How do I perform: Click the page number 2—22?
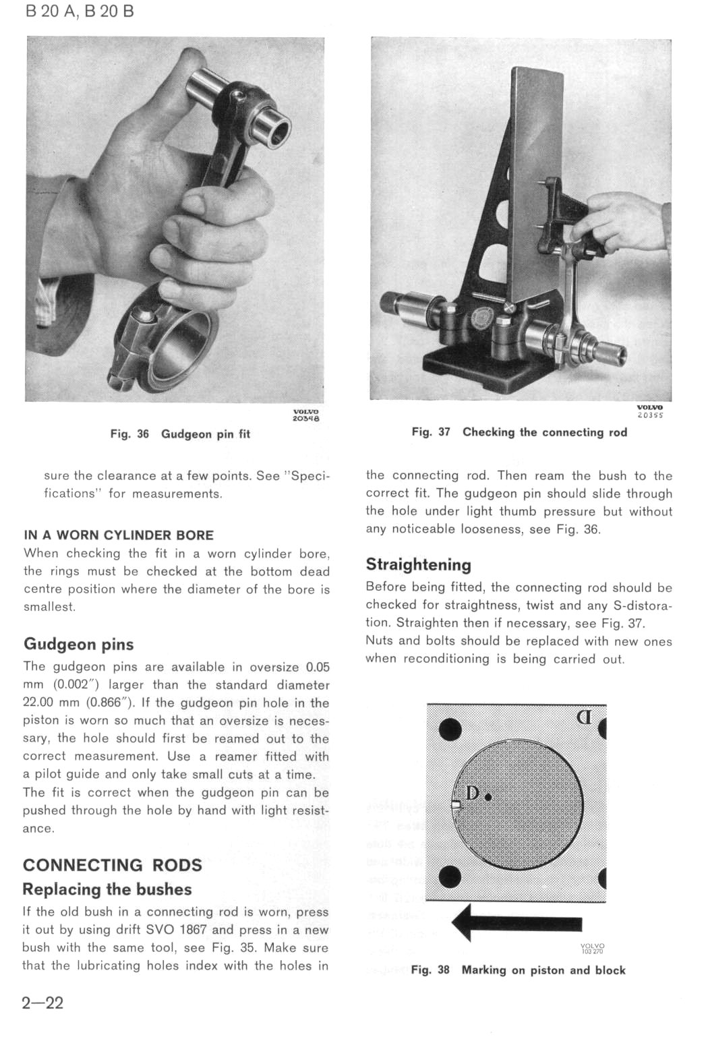click(42, 1003)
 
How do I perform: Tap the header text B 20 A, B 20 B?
click(80, 11)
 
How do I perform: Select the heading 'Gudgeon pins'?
click(79, 644)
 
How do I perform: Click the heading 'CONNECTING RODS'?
click(113, 865)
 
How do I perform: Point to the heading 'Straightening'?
click(418, 564)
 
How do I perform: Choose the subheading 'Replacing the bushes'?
click(107, 889)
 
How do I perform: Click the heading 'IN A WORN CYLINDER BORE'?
click(119, 535)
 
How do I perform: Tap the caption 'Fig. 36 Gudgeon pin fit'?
click(180, 434)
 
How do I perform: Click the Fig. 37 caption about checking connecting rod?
click(519, 432)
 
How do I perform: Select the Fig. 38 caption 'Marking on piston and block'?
click(518, 970)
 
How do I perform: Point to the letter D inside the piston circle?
click(473, 794)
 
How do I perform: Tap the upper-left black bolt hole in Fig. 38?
click(450, 729)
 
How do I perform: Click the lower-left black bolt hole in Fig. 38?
click(450, 877)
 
